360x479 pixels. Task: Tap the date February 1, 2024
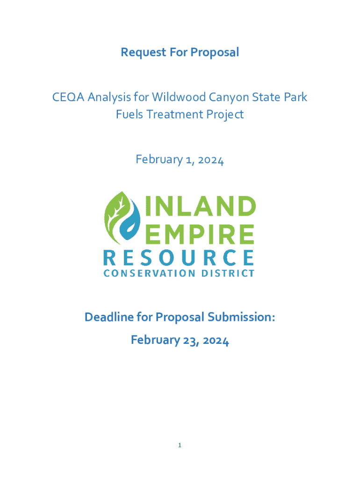pyautogui.click(x=180, y=160)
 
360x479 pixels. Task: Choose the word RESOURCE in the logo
pyautogui.click(x=179, y=258)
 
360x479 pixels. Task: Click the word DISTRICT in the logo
pyautogui.click(x=230, y=273)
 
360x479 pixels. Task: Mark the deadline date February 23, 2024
pyautogui.click(x=180, y=340)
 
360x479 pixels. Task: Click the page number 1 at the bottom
pyautogui.click(x=180, y=446)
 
